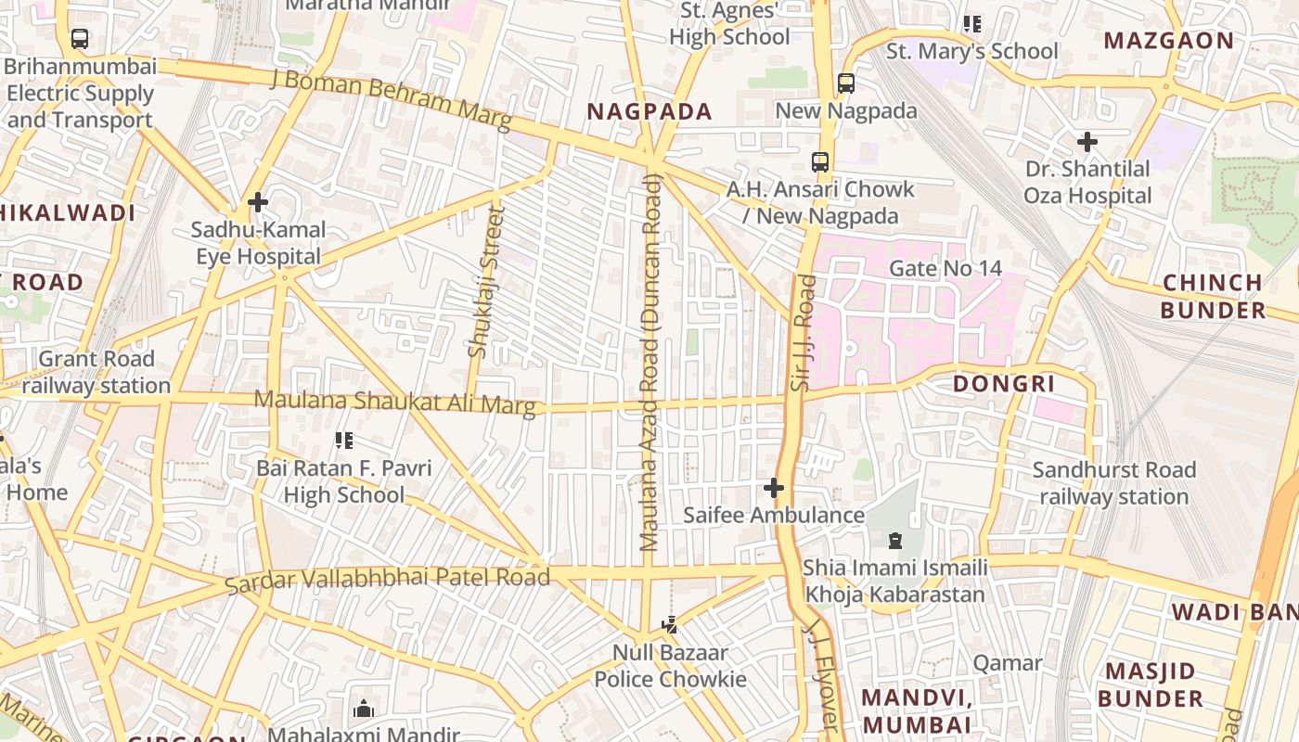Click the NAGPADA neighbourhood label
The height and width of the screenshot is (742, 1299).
coord(649,112)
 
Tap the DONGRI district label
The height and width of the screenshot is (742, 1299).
coord(1004,384)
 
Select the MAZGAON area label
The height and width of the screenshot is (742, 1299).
coord(1169,41)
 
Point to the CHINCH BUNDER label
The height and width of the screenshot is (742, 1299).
coord(1213,296)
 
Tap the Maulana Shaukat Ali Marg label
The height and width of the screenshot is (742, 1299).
coord(395,403)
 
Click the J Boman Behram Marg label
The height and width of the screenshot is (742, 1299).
coord(392,100)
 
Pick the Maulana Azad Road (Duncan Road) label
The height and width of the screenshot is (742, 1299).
coord(650,362)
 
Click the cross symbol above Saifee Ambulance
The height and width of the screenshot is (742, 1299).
coord(773,488)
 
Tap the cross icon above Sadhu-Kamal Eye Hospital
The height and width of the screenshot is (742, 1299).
coord(258,201)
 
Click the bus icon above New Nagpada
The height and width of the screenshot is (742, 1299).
coord(845,83)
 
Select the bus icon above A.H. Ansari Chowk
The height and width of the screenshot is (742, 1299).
coord(820,162)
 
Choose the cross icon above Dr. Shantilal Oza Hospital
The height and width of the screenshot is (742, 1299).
coord(1087,142)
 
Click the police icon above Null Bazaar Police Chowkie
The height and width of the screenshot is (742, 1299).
coord(669,625)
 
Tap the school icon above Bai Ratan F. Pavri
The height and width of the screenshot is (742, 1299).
coord(343,441)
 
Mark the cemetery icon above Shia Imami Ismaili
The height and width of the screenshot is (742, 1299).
coord(894,540)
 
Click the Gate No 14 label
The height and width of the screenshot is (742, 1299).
coord(945,269)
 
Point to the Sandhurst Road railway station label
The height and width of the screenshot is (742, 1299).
coord(1113,483)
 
